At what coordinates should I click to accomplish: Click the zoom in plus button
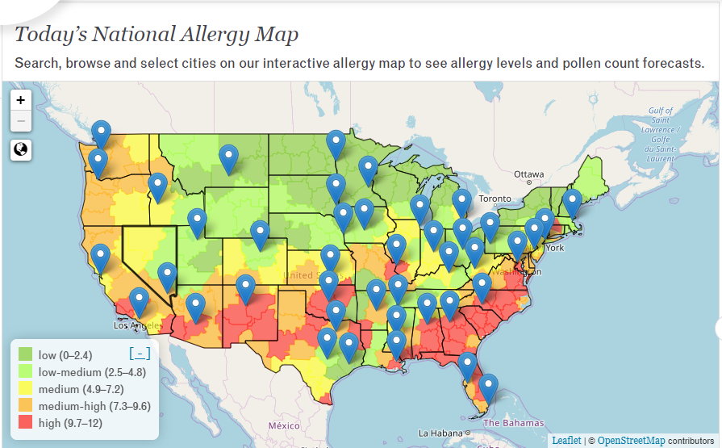pos(21,100)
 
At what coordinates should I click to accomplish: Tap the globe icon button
pos(21,149)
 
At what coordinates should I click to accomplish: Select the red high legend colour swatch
pos(26,422)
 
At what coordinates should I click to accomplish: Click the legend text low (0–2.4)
pos(65,354)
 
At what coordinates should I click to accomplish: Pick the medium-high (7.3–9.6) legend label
pos(94,406)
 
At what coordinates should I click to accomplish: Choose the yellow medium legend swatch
pos(26,389)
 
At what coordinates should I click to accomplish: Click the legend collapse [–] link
pos(140,354)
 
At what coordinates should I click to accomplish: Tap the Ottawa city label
pos(529,174)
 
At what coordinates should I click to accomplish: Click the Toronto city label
pos(495,199)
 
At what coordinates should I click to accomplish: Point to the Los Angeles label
pos(131,326)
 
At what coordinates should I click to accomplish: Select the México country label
pos(284,425)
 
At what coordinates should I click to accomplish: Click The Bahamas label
pos(515,423)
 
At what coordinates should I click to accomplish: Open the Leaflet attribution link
pos(565,440)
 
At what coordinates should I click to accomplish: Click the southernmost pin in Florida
pos(489,387)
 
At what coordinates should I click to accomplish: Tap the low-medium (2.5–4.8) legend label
pos(92,372)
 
